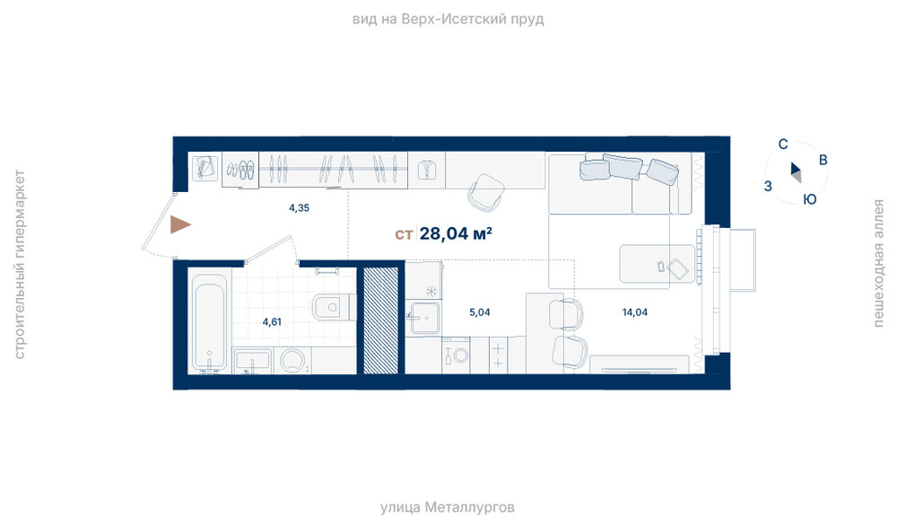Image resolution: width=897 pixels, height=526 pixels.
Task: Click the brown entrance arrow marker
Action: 179,224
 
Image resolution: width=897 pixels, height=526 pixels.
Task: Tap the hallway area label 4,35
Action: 300,207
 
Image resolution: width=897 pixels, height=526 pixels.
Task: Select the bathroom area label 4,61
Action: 272,321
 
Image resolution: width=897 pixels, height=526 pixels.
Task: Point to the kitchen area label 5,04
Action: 479,312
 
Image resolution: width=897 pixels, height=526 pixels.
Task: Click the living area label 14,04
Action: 634,312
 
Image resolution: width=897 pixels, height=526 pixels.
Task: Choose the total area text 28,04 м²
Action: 456,233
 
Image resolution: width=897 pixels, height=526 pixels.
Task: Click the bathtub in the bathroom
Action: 209,322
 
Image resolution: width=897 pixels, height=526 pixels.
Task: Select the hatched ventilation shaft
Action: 380,320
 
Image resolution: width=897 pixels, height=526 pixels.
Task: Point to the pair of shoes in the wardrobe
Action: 240,170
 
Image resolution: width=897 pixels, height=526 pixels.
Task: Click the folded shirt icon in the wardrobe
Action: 427,170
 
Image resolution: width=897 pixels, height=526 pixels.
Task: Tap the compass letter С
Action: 783,145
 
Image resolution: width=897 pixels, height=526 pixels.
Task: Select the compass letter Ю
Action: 809,199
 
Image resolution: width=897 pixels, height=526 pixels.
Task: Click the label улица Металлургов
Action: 448,507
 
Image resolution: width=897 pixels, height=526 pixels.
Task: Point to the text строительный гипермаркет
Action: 19,265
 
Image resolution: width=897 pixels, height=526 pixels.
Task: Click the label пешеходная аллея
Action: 878,263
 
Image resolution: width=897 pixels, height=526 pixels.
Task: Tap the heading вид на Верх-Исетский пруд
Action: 448,20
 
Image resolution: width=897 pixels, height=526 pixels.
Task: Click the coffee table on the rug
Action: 657,264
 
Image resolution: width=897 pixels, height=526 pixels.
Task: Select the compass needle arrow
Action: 796,171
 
